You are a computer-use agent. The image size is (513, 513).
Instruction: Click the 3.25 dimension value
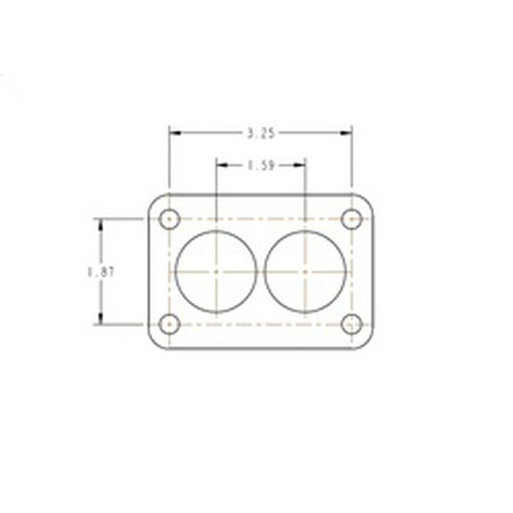point(261,133)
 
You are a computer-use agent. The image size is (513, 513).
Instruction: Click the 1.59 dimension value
point(261,164)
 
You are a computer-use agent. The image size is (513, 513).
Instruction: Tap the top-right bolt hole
point(352,219)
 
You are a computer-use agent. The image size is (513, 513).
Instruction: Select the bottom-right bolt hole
point(352,323)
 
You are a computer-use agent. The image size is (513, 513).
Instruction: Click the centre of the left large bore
point(216,271)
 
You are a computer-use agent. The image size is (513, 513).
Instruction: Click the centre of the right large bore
point(305,271)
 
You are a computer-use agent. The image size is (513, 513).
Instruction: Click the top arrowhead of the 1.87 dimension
point(100,223)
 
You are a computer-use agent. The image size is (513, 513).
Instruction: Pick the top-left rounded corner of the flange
point(153,199)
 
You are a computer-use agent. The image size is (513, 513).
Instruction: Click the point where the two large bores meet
point(261,271)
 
